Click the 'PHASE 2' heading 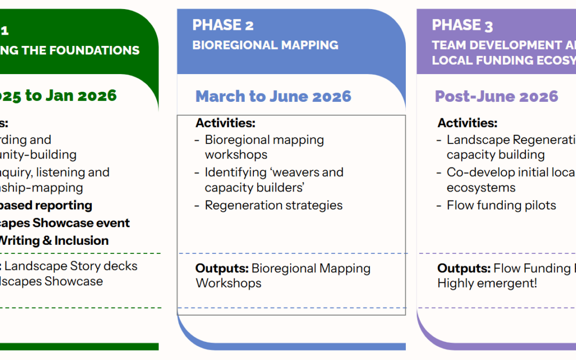click(223, 25)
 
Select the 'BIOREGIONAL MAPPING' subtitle click(265, 45)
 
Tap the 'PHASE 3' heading click(462, 25)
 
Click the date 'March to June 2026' click(273, 97)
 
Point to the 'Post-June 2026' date click(496, 97)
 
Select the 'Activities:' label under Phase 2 click(225, 123)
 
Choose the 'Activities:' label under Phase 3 click(467, 123)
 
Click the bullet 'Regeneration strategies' click(274, 205)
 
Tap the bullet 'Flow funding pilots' click(501, 205)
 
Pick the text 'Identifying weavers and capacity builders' click(274, 180)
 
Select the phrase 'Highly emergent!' click(487, 283)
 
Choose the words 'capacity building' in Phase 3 click(488, 155)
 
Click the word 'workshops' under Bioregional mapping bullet click(236, 155)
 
